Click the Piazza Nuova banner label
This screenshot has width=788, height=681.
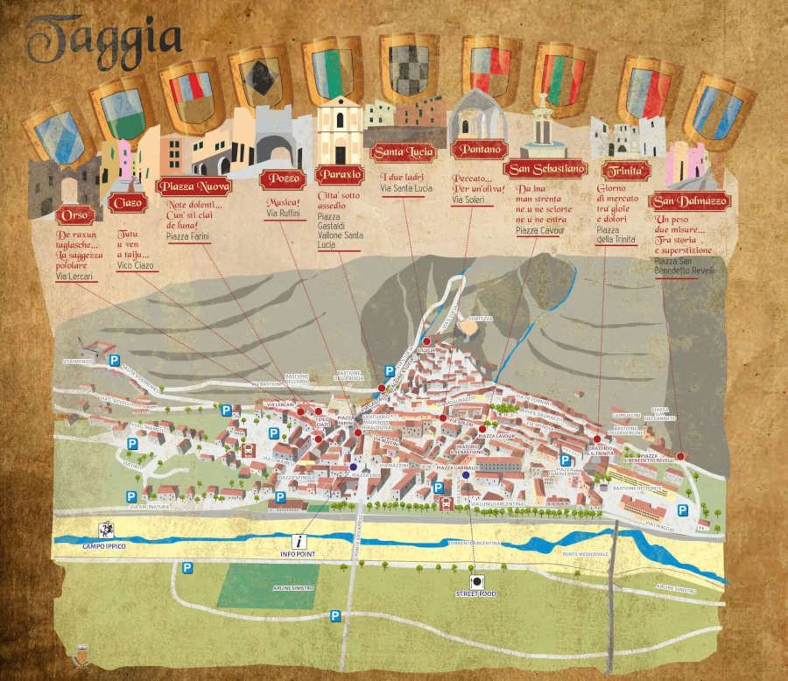pos(193,186)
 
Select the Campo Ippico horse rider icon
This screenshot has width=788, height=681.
pos(107,529)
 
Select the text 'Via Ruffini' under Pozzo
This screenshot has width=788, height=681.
pos(283,213)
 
